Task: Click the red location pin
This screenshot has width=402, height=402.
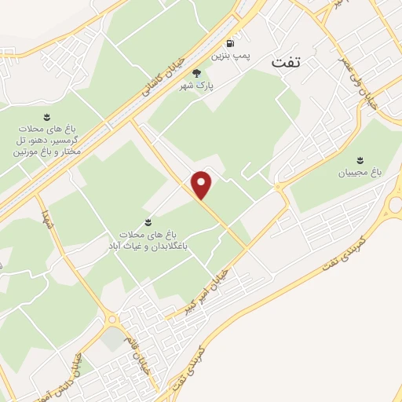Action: tap(203, 185)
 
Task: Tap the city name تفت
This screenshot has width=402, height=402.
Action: tap(287, 61)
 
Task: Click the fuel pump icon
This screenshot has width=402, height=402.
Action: tap(229, 44)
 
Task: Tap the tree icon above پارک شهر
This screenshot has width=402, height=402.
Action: tap(219, 70)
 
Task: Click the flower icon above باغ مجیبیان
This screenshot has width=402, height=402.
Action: tap(360, 159)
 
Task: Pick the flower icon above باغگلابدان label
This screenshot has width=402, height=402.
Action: tap(150, 222)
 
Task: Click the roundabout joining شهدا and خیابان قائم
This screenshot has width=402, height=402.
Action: tap(113, 319)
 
